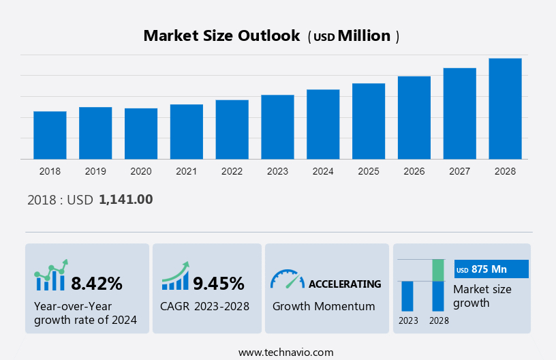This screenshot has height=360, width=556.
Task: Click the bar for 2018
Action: point(50,135)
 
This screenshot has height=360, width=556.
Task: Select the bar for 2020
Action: point(141,134)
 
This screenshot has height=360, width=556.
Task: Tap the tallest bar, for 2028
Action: point(505,109)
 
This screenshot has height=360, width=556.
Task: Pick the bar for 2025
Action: point(369,121)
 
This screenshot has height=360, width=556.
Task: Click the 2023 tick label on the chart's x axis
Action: point(277,171)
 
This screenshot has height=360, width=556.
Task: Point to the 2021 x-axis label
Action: point(186,171)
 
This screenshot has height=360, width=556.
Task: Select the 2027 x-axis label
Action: point(459,171)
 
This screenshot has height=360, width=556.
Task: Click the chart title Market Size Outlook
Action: point(221,36)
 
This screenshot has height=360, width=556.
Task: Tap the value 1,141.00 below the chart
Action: point(126,200)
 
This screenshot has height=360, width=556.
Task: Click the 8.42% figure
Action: point(97,283)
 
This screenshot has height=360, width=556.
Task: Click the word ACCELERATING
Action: point(345,284)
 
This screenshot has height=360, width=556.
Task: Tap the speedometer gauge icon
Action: point(287,279)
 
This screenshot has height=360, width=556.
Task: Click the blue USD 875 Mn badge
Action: point(491,269)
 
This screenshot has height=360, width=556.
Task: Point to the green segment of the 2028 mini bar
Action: point(438,270)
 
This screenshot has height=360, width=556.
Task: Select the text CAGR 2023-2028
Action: point(205,306)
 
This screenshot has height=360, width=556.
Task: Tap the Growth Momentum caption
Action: point(324,306)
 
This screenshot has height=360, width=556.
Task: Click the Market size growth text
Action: point(482,296)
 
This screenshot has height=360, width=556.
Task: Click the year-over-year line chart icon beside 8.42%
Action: point(51,275)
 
